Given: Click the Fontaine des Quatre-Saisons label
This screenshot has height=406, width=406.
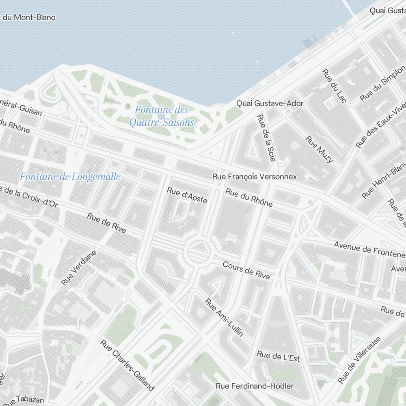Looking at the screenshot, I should pos(162,116).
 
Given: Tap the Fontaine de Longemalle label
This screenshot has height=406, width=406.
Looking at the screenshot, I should pos(70,177).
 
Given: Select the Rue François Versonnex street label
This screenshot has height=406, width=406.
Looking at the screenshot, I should pos(255,177).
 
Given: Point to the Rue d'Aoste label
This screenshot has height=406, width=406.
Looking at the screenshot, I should pos(187,195).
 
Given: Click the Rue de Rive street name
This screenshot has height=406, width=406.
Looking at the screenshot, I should pos(106,222).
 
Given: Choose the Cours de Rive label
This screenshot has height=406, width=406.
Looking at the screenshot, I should pos(246,270).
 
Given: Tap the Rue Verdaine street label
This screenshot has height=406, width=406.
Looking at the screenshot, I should pos(79,268).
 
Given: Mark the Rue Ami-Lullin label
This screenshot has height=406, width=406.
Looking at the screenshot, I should pos(224,318).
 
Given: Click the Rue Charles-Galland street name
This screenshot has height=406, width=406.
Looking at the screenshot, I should pos(127,365).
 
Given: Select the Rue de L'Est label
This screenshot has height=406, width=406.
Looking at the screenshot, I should pos(278,356).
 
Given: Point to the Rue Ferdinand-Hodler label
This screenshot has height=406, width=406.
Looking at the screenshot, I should pos(254,386).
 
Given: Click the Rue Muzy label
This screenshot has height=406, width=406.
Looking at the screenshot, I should pos(319,149).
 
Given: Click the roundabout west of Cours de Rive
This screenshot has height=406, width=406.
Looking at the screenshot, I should pos(199,251).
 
